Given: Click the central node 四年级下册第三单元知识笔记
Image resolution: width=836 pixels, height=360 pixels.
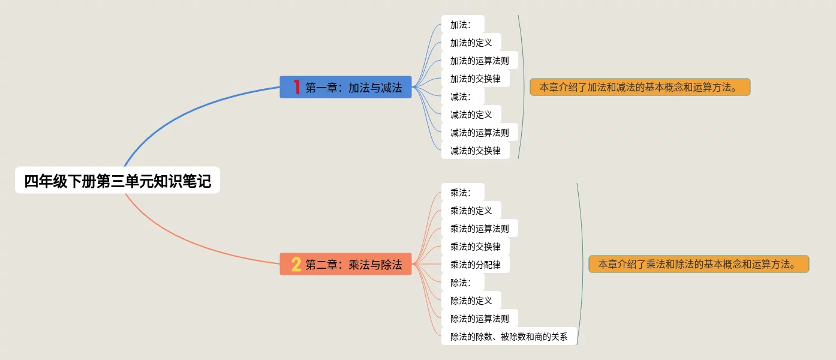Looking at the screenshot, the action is (x=118, y=181).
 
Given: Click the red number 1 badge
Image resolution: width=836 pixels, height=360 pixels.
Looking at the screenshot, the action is (x=296, y=88).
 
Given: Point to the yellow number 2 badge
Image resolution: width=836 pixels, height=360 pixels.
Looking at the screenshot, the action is (x=296, y=264).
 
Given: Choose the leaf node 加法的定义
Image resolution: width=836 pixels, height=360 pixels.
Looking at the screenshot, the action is (x=471, y=43).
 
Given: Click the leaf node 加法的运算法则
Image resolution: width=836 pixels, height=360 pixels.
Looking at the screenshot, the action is (x=479, y=61).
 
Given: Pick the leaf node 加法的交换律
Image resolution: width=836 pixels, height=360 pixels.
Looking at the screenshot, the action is (x=475, y=79).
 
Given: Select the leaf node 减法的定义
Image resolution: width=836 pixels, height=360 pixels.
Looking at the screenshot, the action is (x=471, y=115).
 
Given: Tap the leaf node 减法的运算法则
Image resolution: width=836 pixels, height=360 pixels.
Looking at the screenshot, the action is (x=479, y=133).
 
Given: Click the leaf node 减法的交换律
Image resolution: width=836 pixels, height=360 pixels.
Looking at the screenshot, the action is (x=475, y=151).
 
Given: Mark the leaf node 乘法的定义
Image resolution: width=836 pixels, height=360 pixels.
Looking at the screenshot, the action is (x=471, y=211).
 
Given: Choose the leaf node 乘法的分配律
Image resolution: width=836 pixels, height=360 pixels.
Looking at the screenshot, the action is (x=475, y=264).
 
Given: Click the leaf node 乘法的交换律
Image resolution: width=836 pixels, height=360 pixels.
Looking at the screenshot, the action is (x=475, y=247).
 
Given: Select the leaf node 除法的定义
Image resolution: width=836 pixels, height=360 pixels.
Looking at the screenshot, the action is (x=471, y=301).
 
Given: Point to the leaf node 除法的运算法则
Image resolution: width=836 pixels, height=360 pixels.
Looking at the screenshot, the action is (x=479, y=319).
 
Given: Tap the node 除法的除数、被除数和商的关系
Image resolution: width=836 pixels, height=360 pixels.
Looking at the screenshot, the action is (x=509, y=337).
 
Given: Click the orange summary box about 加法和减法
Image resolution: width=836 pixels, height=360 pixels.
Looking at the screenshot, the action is (x=640, y=87).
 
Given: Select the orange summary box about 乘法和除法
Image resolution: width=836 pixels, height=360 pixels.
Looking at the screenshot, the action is (x=699, y=264).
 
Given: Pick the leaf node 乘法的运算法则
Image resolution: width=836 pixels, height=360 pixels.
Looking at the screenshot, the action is (x=479, y=229).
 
